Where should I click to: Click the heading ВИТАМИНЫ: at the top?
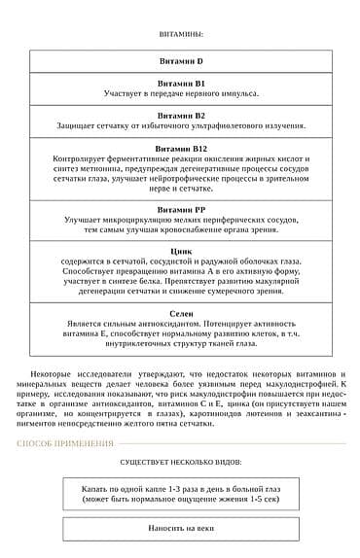[x=180, y=33]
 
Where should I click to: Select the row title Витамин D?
[x=180, y=61]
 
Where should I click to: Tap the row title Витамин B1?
[x=180, y=84]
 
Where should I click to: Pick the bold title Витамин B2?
[x=180, y=115]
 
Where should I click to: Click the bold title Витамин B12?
[x=180, y=148]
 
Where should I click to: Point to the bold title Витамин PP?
[x=180, y=209]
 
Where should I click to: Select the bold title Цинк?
[x=180, y=251]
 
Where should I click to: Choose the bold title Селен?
[x=180, y=314]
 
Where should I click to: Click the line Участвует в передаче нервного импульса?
[x=180, y=94]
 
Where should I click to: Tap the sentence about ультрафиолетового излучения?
[x=180, y=125]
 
